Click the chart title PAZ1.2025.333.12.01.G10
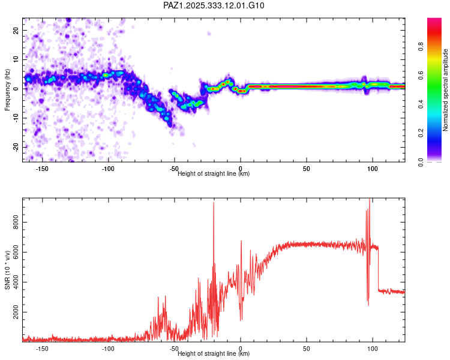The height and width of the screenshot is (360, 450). tap(214, 5)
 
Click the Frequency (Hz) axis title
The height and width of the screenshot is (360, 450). tap(7, 90)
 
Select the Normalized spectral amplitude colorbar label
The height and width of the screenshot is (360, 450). tap(446, 90)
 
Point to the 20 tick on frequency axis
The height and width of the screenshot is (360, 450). tap(16, 30)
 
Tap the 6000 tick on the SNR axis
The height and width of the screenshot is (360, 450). tap(13, 252)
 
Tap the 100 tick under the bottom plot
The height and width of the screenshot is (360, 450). tap(372, 349)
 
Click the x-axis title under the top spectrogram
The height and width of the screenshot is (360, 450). tap(214, 174)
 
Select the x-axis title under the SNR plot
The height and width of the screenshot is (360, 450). tap(214, 353)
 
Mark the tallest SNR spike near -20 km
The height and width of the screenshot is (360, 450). tap(214, 204)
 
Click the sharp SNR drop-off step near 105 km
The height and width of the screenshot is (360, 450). tap(379, 270)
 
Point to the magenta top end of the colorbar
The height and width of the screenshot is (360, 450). tap(434, 21)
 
